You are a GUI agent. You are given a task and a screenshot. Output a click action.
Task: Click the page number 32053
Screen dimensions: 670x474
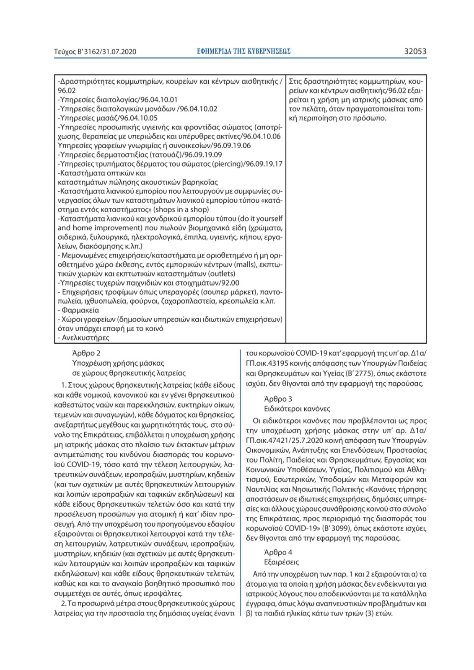tap(415, 52)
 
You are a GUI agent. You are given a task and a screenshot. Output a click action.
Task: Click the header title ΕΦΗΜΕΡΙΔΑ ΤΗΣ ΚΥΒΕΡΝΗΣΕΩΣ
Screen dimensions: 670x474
tap(243, 51)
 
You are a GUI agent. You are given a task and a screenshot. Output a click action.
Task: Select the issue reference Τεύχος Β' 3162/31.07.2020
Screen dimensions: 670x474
tap(95, 52)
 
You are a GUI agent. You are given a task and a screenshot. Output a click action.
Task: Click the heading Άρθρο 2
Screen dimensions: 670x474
tap(86, 353)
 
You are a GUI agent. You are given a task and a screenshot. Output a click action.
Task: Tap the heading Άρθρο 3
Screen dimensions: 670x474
tap(278, 399)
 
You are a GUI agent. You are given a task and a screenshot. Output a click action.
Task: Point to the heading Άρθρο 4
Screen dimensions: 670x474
tap(278, 552)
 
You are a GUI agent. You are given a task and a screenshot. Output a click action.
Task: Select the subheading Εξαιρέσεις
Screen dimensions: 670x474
tap(282, 562)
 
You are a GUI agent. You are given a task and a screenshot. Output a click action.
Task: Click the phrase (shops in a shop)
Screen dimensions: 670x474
tap(181, 209)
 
